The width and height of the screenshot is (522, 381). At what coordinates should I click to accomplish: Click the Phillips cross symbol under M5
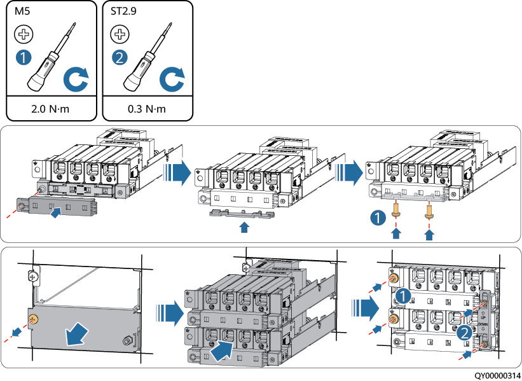(22, 34)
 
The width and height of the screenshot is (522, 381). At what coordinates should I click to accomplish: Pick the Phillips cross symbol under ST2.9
(118, 34)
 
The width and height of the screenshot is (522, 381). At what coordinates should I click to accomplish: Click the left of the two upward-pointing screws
(397, 209)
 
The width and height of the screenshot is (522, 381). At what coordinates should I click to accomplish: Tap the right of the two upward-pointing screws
(429, 209)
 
